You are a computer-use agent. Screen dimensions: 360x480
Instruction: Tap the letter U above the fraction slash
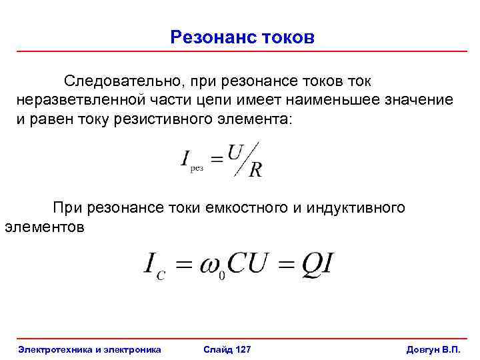235,153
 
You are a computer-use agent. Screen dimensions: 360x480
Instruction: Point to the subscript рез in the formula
197,169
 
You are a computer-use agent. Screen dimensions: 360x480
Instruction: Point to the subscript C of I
162,274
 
